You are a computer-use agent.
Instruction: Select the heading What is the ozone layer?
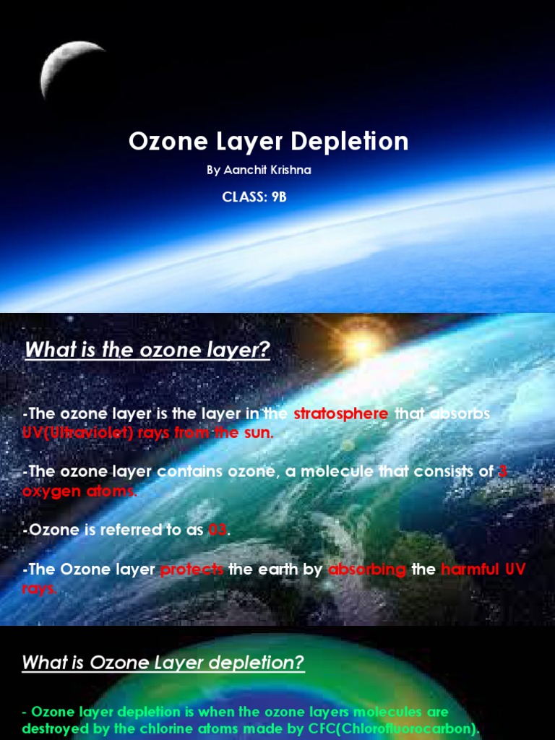coord(147,350)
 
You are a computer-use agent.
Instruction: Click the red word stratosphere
coord(341,414)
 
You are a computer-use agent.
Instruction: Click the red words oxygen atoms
coord(79,491)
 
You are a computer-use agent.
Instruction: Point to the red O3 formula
coord(218,530)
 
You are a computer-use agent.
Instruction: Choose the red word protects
coord(192,569)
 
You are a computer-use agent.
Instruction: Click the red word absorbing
coord(367,569)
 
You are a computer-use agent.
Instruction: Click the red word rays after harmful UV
coord(39,588)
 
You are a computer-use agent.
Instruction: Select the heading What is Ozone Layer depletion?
coord(163,663)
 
